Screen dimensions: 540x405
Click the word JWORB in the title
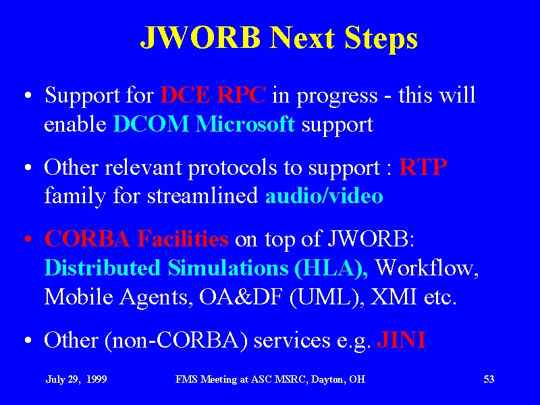[200, 37]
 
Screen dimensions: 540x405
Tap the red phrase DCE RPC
[213, 94]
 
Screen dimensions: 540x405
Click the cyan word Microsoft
[245, 124]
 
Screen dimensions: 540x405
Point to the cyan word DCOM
[151, 124]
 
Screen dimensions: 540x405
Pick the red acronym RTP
[423, 167]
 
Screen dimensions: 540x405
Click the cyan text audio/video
[324, 196]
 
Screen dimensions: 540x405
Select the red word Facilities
[182, 238]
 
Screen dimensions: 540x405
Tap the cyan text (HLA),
[331, 268]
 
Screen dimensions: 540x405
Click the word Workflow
[427, 267]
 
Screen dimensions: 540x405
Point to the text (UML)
[327, 297]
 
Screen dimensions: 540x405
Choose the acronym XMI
[393, 296]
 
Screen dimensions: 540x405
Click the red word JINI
[401, 340]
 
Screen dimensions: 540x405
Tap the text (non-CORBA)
[176, 340]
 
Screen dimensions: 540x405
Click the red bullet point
[28, 239]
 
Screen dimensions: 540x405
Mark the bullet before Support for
[28, 95]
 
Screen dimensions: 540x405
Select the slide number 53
[489, 379]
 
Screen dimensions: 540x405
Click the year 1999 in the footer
[97, 379]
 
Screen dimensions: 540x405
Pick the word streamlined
[202, 196]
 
